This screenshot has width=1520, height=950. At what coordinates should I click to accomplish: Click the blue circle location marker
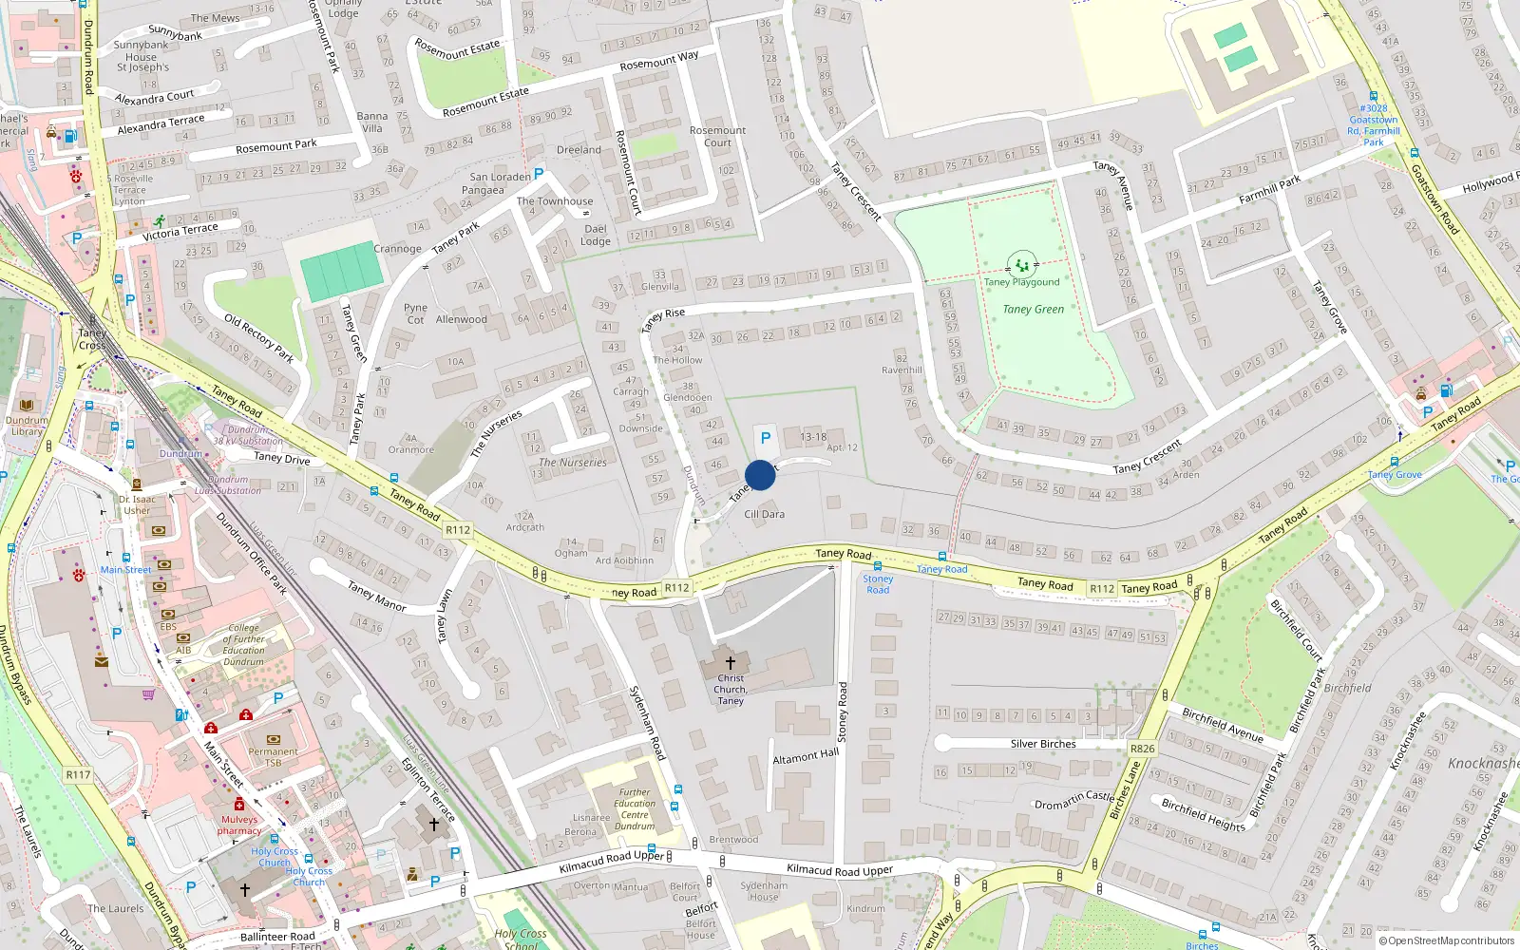click(760, 475)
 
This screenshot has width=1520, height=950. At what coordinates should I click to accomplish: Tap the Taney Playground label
click(1021, 282)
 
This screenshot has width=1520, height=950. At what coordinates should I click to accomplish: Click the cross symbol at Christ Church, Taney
click(730, 662)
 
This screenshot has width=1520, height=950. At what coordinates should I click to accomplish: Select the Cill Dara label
click(764, 514)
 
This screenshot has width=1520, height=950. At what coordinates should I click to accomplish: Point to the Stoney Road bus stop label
click(878, 584)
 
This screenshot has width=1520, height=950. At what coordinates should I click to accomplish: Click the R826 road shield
click(1142, 749)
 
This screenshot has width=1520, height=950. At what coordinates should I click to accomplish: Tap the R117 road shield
click(78, 774)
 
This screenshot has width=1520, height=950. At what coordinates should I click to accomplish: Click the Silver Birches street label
click(1042, 744)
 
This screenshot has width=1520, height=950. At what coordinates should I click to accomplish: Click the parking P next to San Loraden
click(539, 174)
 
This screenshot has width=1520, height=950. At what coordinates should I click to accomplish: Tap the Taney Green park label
click(1033, 309)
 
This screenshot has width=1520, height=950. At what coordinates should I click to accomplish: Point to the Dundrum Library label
click(27, 426)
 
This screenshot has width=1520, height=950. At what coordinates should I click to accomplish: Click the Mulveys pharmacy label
click(239, 825)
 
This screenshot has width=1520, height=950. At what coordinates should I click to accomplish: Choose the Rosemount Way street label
click(658, 61)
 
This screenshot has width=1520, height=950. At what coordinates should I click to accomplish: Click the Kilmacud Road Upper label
click(839, 869)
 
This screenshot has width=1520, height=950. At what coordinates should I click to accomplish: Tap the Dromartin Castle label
click(1073, 800)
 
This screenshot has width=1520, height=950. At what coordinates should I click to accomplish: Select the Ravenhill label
click(902, 370)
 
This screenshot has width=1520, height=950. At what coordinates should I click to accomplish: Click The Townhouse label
click(554, 201)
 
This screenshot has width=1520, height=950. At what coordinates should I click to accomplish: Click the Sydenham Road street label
click(647, 722)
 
